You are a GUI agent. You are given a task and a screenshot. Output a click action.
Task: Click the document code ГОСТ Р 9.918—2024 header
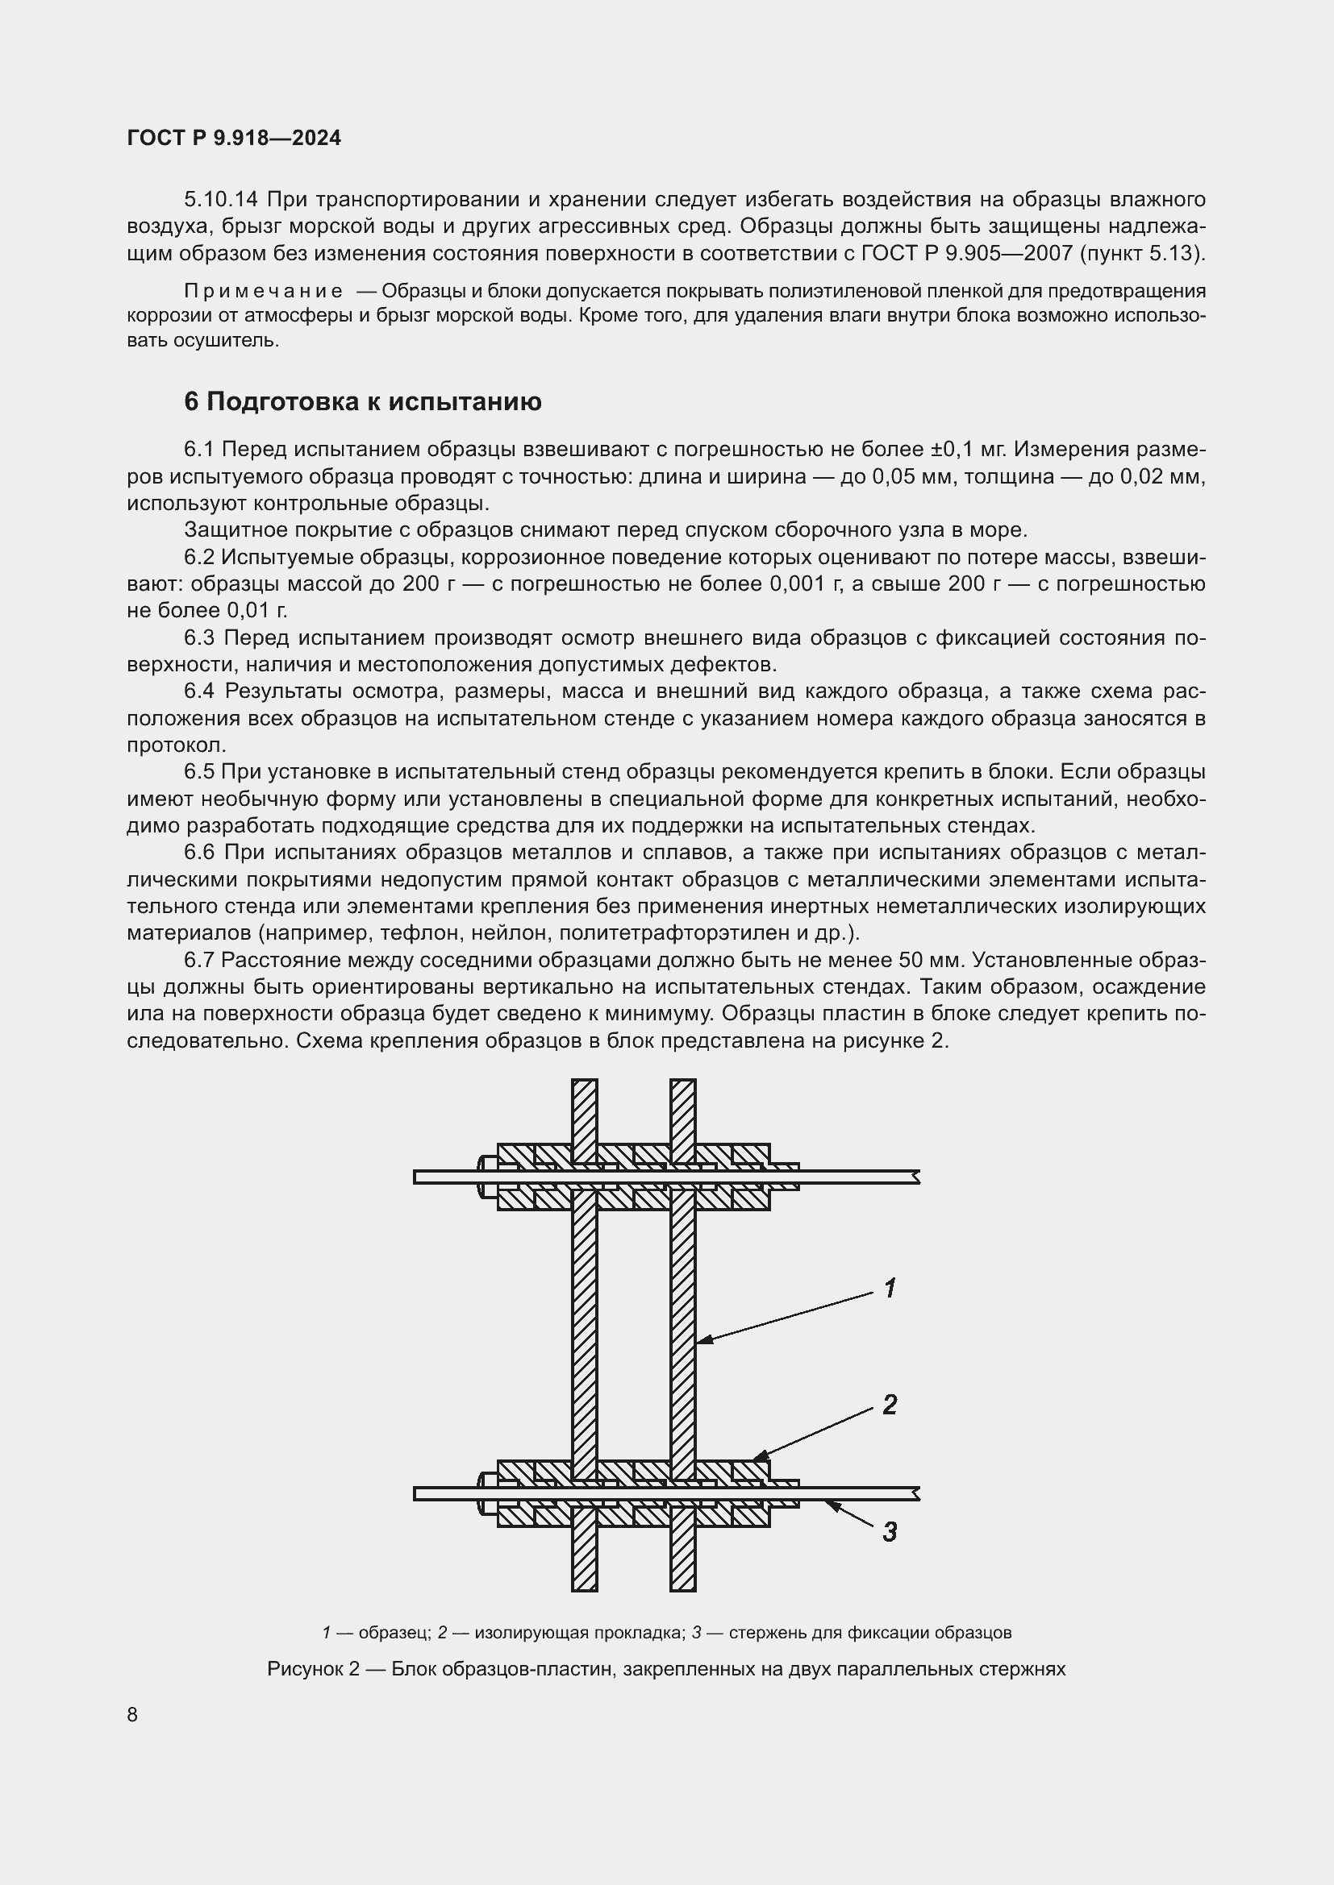tap(234, 139)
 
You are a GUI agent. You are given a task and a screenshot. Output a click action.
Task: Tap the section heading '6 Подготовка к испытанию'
tap(362, 401)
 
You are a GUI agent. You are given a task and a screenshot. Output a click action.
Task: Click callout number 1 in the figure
tap(890, 1288)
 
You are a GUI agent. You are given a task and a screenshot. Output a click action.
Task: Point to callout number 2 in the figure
tap(890, 1405)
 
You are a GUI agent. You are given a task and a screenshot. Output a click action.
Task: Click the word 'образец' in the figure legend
tap(394, 1633)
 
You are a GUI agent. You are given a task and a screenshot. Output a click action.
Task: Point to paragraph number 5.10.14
tap(221, 200)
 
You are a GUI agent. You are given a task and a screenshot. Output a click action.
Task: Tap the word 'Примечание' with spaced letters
tap(263, 292)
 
